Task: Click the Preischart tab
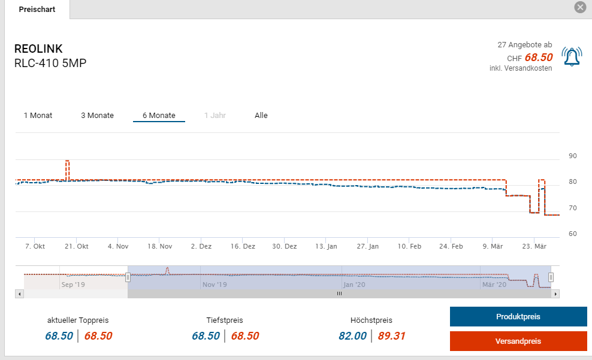click(37, 10)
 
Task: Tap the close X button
click(579, 7)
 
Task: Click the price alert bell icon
click(572, 56)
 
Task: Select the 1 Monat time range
click(38, 116)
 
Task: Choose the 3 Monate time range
click(97, 116)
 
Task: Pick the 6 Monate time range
click(159, 116)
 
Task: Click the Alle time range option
click(261, 116)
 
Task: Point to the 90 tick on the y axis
click(572, 156)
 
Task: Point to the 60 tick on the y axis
click(572, 234)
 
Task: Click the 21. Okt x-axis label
click(77, 246)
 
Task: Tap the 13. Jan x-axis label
click(327, 246)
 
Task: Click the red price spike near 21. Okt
click(67, 162)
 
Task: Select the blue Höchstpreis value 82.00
click(352, 336)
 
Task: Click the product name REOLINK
click(38, 49)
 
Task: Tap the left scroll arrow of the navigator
click(19, 294)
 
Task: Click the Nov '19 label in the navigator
click(213, 285)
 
